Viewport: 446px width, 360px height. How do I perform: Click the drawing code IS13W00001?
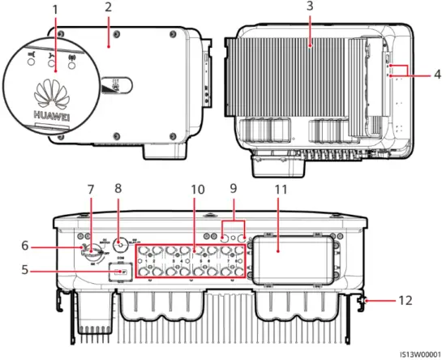[x=418, y=354]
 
